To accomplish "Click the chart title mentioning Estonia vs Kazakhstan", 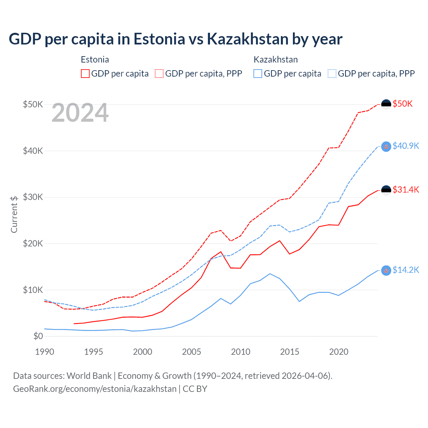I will click(x=176, y=39).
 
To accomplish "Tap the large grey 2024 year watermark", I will click(x=80, y=113).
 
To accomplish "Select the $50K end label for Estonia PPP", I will click(x=403, y=104).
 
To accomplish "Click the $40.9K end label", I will click(x=406, y=146).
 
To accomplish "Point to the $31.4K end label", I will click(x=406, y=190).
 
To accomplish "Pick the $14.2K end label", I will click(x=406, y=270).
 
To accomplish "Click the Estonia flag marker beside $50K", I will click(x=386, y=104).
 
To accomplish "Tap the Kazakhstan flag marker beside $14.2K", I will click(x=386, y=271).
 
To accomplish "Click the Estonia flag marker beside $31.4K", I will click(x=386, y=190).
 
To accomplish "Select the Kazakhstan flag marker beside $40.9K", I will click(x=386, y=146).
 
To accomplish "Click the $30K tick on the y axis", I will click(x=33, y=197).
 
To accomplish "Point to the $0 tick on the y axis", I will click(x=38, y=336).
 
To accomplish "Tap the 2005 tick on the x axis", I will click(x=192, y=352).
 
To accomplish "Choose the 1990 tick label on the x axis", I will click(x=44, y=352).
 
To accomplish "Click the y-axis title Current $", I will click(x=14, y=214).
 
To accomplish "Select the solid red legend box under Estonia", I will click(x=85, y=74).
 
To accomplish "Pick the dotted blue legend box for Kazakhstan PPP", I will click(x=332, y=74).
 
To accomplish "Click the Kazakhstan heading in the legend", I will click(x=276, y=60).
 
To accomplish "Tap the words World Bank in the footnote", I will click(x=89, y=376).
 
